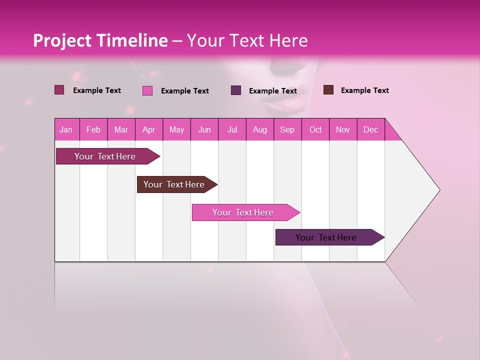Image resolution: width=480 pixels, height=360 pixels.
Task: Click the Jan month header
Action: point(66,129)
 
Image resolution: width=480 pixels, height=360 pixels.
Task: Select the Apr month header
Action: point(149,129)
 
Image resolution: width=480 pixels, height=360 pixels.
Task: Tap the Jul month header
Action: point(232,129)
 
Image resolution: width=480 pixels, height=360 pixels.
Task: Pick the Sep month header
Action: point(287,129)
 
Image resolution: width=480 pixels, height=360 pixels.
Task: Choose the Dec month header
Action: point(370,129)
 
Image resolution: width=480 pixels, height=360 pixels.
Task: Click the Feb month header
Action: point(93,129)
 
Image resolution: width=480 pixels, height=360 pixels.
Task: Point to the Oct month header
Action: point(315,129)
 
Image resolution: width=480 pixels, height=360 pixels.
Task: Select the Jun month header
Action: point(204,129)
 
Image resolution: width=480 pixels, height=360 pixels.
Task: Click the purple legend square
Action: point(236,90)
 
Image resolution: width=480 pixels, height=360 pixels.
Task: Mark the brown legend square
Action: point(328,90)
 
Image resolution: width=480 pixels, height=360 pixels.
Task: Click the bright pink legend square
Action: point(147,90)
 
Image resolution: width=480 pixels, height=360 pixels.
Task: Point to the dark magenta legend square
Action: point(59,90)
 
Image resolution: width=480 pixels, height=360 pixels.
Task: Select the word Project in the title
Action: point(62,40)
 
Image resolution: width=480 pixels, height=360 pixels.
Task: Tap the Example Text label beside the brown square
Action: point(364,90)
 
